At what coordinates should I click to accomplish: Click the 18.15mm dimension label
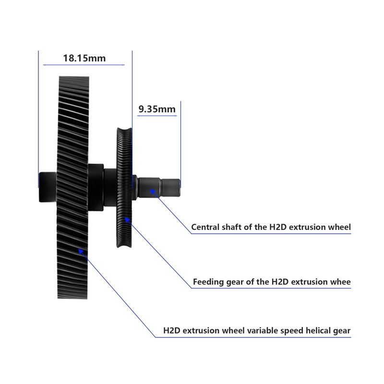(x=84, y=58)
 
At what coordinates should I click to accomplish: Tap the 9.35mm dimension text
(x=157, y=109)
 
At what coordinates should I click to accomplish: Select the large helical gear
(x=73, y=187)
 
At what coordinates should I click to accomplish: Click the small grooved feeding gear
(x=124, y=188)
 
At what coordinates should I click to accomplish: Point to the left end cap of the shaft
(x=48, y=187)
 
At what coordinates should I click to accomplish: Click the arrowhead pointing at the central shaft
(x=152, y=192)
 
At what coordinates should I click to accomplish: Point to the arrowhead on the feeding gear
(x=127, y=220)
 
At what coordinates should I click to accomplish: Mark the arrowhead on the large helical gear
(x=81, y=251)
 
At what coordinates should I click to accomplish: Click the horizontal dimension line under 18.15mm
(x=84, y=65)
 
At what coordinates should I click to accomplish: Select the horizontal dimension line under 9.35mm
(x=157, y=116)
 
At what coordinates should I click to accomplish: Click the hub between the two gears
(x=96, y=187)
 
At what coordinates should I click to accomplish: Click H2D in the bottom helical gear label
(x=172, y=331)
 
